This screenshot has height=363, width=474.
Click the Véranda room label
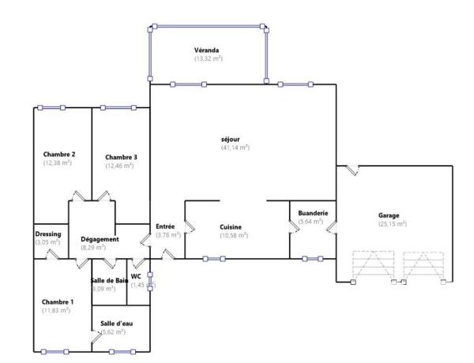click(207, 50)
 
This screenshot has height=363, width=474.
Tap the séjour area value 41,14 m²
click(235, 148)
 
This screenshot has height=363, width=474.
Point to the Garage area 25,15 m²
click(391, 224)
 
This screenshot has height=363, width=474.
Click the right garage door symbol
click(423, 267)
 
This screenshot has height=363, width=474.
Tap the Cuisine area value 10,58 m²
click(235, 235)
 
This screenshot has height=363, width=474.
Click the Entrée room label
click(165, 226)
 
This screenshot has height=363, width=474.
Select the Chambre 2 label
click(59, 154)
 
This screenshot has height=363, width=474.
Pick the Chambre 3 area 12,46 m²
click(121, 166)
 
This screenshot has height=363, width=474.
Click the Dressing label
click(48, 234)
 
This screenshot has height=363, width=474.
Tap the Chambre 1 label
click(58, 301)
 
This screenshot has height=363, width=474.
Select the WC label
click(136, 276)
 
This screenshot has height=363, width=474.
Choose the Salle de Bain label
click(109, 280)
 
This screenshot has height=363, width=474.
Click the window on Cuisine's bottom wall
click(213, 258)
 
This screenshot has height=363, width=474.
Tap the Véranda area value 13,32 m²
click(209, 58)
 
